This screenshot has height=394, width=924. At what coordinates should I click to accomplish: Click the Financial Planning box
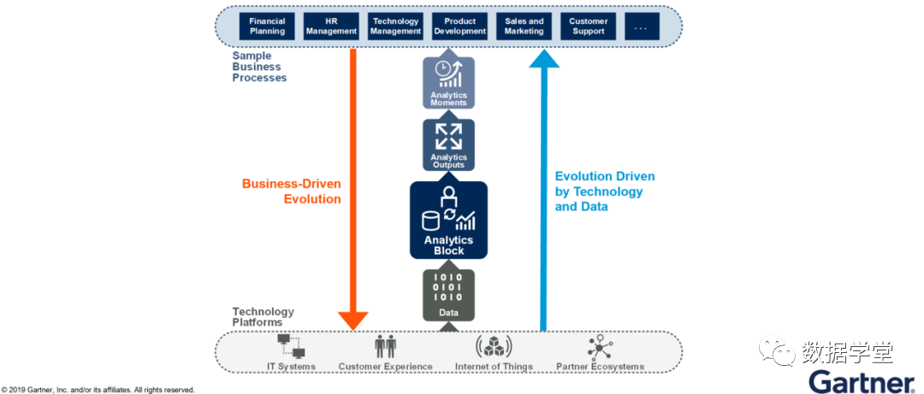click(267, 26)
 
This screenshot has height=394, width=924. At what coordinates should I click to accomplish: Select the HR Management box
click(332, 26)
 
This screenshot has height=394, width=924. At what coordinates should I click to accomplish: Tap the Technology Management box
click(396, 26)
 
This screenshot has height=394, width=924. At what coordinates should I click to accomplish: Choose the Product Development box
click(460, 26)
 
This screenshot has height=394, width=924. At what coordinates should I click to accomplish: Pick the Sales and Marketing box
click(524, 26)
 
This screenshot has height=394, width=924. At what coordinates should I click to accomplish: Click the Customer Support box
click(589, 26)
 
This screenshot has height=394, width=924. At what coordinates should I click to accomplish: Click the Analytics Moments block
click(448, 82)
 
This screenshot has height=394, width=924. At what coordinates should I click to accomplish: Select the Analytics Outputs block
click(448, 144)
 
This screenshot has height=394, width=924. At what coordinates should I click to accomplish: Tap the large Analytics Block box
click(449, 220)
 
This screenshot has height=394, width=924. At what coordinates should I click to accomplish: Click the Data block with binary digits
click(449, 295)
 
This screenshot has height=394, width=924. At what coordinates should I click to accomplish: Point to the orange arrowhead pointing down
click(353, 320)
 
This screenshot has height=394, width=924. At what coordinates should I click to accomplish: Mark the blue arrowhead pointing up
click(544, 58)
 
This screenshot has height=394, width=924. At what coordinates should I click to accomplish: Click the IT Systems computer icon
click(291, 346)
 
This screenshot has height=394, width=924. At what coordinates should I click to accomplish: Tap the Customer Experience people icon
click(385, 345)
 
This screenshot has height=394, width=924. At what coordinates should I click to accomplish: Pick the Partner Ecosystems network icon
click(601, 346)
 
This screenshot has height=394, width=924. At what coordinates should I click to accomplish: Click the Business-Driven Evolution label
click(292, 191)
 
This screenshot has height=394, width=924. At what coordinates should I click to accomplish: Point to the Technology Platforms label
click(263, 317)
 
